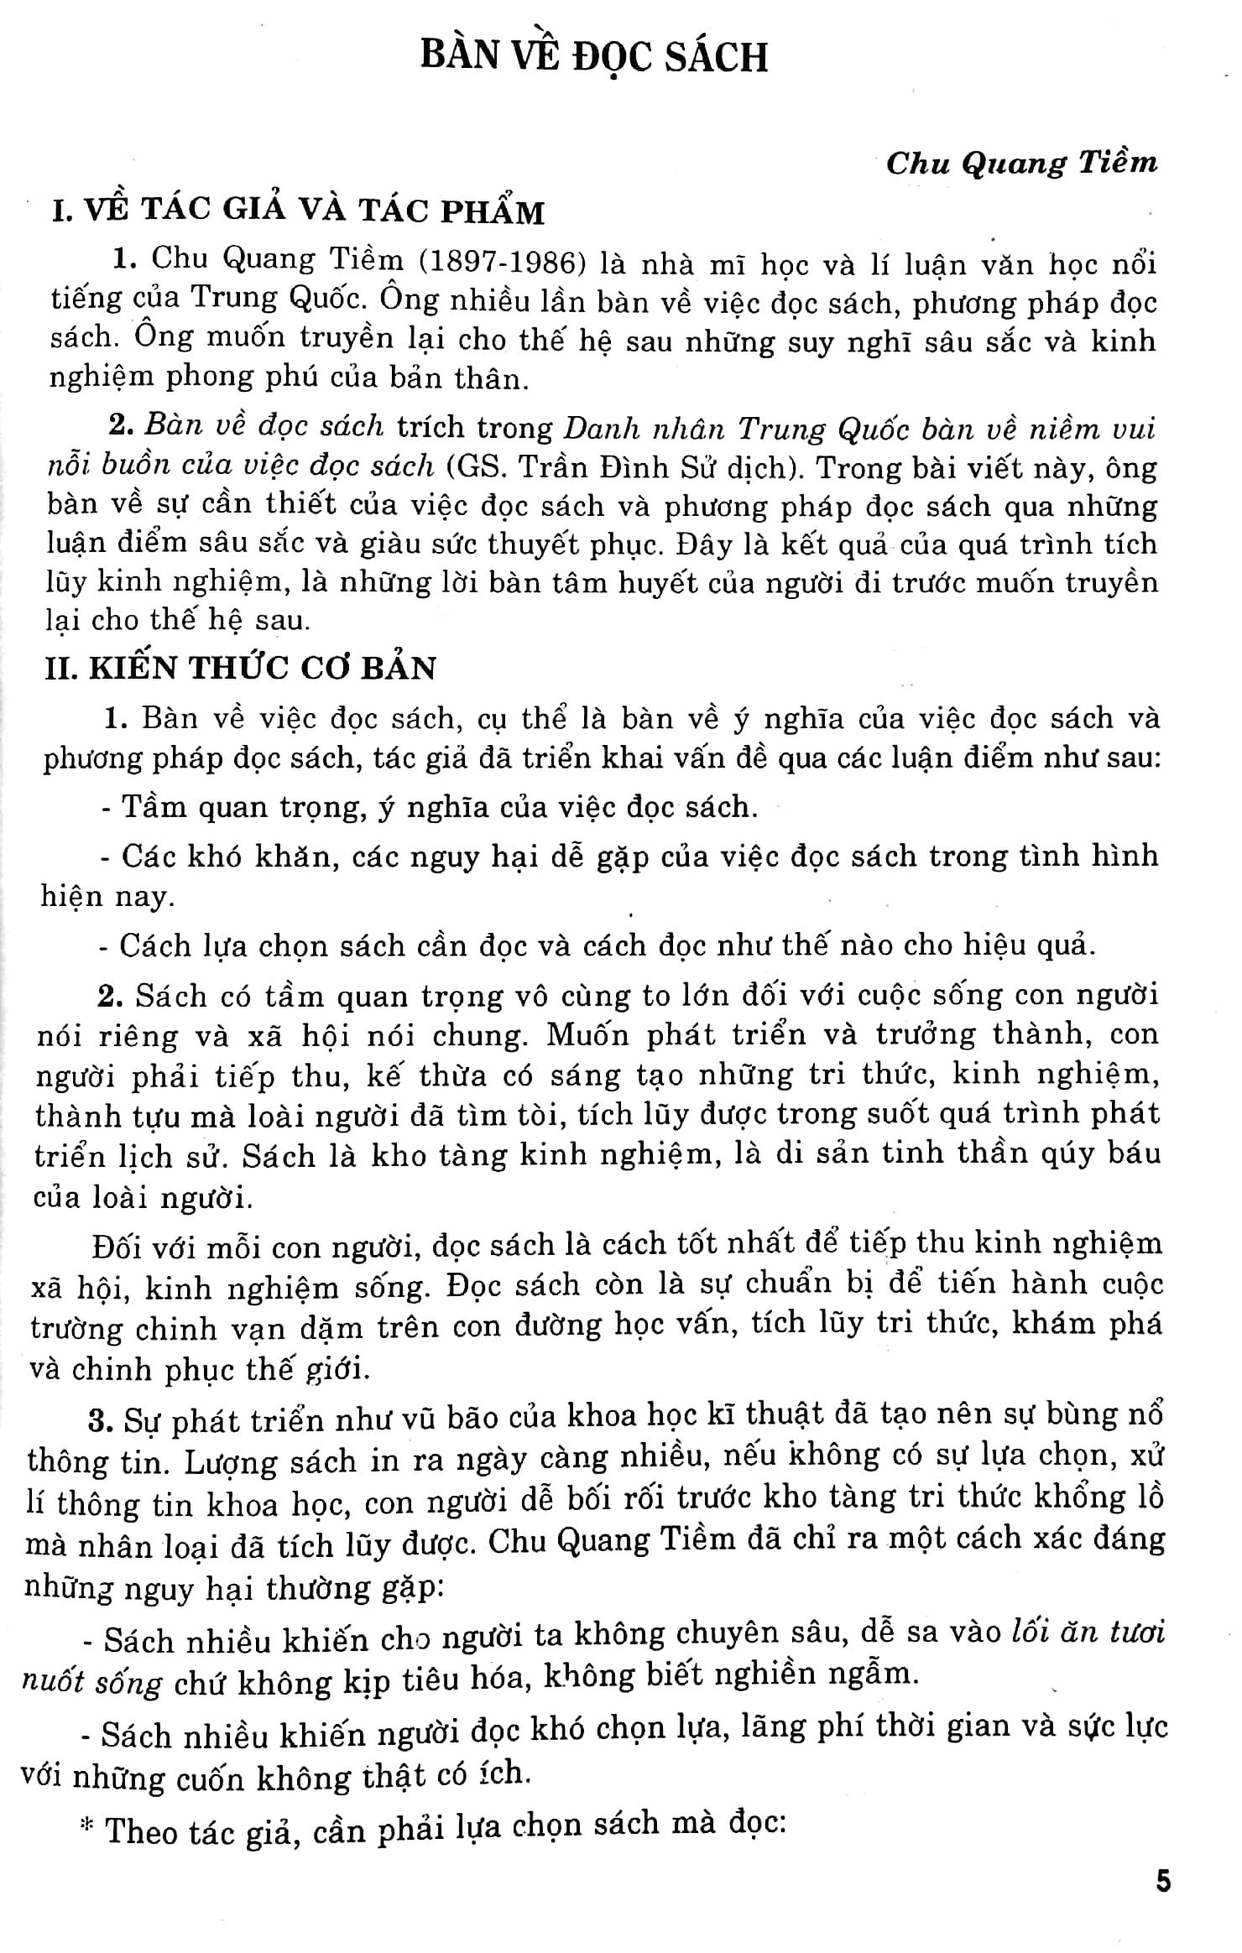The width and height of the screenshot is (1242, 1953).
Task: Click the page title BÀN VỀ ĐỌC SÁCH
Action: coord(594,58)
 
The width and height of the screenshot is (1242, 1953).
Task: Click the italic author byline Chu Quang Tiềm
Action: coord(1021,162)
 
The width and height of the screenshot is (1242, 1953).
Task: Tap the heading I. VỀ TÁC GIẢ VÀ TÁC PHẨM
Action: coord(298,211)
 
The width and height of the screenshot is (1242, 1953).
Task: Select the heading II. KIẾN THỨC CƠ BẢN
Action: coord(240,667)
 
